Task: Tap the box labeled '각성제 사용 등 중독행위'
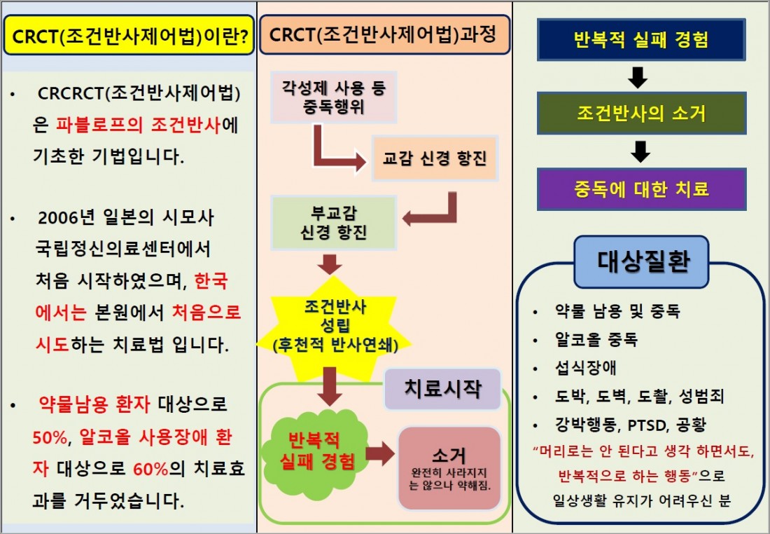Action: (x=334, y=97)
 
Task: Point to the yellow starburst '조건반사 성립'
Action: (x=335, y=326)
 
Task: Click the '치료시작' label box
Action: (x=442, y=389)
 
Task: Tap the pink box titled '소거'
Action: (x=449, y=467)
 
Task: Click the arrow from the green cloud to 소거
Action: (x=379, y=454)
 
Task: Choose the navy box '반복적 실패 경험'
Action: (x=640, y=39)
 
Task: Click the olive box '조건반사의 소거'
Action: (x=640, y=113)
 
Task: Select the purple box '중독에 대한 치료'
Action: (x=640, y=189)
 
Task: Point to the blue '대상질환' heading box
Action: (x=643, y=262)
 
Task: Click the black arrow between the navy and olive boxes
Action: (x=639, y=76)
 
